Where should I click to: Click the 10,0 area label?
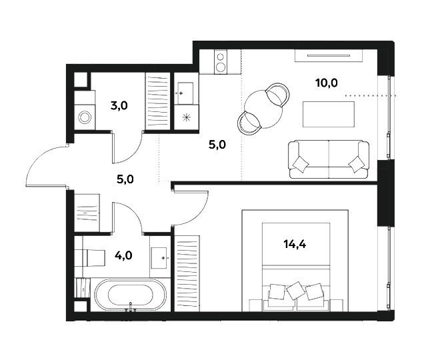(327, 83)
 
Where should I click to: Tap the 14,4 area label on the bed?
(295, 245)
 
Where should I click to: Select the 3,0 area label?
(119, 106)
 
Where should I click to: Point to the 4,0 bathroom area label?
(123, 256)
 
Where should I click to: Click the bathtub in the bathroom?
(131, 295)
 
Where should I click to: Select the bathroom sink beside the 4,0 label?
(159, 257)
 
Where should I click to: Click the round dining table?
(263, 109)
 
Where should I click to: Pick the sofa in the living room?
(329, 159)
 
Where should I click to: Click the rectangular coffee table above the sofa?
(329, 114)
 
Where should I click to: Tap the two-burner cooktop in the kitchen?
(221, 62)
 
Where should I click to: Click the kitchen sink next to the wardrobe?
(185, 93)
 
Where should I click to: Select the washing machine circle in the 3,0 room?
(85, 117)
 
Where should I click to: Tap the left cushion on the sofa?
(301, 164)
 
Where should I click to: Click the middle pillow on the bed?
(296, 291)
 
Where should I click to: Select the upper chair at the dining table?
(278, 95)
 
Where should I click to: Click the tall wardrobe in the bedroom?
(187, 273)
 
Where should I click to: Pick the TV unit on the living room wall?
(329, 55)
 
